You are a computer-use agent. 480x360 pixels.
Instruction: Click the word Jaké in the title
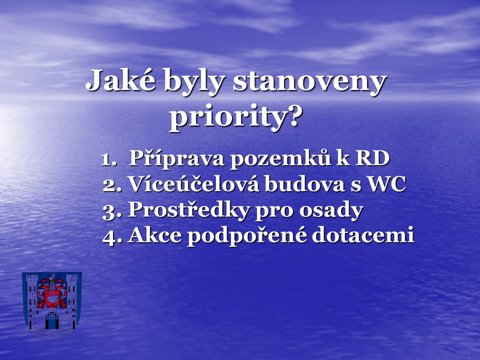coord(120,79)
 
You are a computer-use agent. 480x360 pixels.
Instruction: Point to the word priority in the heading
coord(228,117)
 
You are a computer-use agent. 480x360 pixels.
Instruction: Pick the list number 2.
coord(111,185)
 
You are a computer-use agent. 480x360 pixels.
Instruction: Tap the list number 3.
coord(111,210)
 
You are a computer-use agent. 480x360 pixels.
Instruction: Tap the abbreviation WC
coord(386,183)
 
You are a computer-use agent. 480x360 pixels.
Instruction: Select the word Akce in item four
coord(155,235)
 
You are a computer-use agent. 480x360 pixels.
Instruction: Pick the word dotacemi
coord(363,235)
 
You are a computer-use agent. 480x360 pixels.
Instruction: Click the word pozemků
coord(280,158)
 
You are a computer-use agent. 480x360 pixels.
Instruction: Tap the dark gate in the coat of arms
coord(51,320)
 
